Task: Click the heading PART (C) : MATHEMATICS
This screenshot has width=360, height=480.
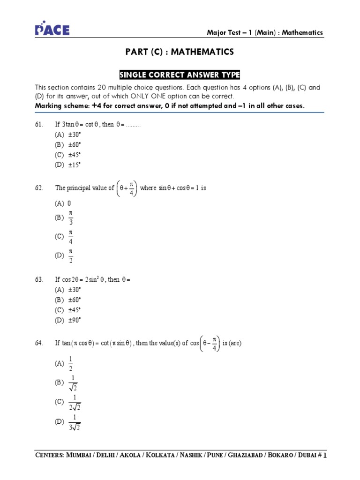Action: pos(180,52)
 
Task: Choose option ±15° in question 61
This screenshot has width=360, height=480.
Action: pos(67,165)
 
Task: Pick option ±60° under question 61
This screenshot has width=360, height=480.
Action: pos(67,144)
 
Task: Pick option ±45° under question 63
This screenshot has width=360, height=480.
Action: pos(67,310)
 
